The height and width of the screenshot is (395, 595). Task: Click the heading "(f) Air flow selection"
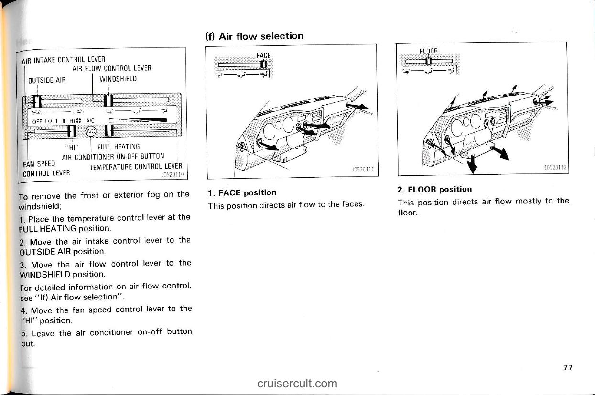[x=254, y=36]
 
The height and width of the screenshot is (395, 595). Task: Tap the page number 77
[x=567, y=367]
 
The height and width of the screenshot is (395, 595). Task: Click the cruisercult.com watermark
[x=297, y=383]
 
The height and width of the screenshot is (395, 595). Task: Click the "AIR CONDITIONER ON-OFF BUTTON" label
[x=113, y=156]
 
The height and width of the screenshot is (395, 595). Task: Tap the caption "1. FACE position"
[x=242, y=192]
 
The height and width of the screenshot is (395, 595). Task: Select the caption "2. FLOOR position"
[x=434, y=189]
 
